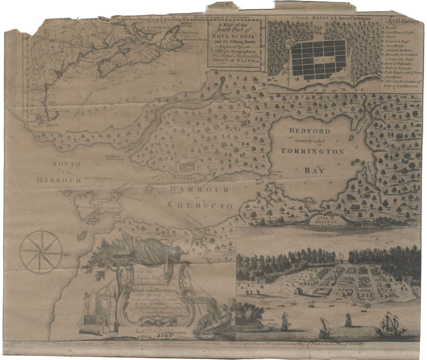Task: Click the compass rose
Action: (x=41, y=252)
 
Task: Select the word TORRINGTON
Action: (x=313, y=151)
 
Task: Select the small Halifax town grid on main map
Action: (x=186, y=167)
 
